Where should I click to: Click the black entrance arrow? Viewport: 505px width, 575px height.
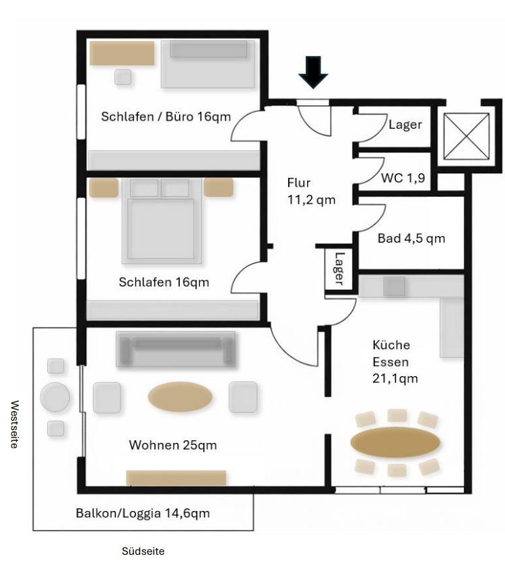[313, 72]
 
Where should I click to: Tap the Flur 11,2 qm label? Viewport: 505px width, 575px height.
[311, 191]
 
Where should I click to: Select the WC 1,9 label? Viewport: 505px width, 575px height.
[403, 178]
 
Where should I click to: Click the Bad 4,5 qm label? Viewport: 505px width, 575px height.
[411, 239]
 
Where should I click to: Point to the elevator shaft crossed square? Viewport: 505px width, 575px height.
[466, 136]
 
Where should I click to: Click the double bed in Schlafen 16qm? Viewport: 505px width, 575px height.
[162, 221]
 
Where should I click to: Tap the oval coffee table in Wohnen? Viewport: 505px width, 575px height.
[180, 397]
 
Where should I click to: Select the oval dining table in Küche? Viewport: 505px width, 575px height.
[395, 442]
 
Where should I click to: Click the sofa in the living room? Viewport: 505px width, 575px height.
[176, 349]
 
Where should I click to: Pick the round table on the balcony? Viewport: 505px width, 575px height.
[55, 397]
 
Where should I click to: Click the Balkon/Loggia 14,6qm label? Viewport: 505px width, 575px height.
[143, 513]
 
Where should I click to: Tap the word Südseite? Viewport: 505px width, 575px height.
[143, 551]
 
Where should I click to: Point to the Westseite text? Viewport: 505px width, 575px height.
[14, 424]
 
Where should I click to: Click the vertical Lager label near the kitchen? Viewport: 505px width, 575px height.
[339, 269]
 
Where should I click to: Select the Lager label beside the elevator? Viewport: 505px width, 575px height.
[405, 125]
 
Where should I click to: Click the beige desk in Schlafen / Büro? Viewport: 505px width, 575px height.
[122, 53]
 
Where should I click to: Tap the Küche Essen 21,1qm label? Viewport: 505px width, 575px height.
[395, 361]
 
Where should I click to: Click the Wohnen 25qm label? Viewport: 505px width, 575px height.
[173, 445]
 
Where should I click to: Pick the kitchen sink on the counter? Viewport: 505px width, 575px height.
[395, 286]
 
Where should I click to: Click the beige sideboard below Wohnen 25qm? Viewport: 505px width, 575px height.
[176, 478]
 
